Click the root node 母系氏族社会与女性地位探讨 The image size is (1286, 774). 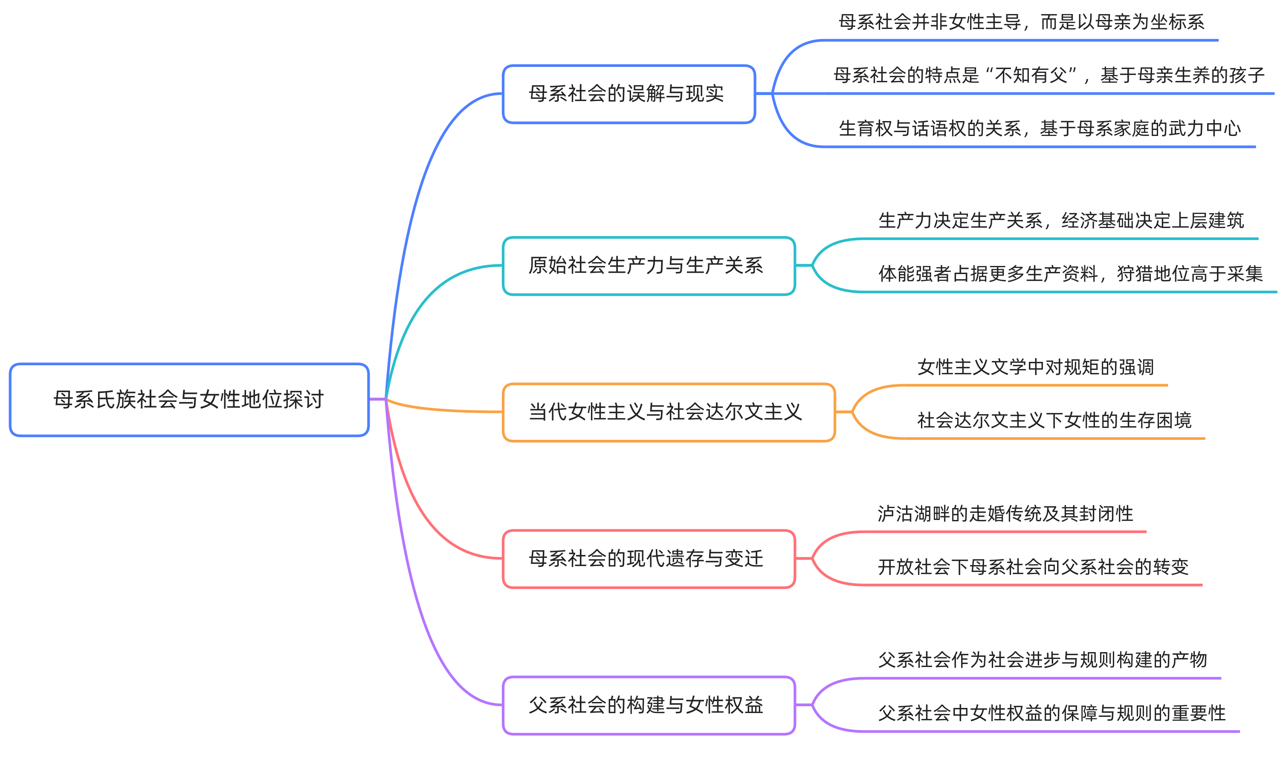coord(189,399)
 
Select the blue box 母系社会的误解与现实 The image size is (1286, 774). coord(628,94)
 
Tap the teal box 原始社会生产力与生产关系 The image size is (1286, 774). coord(648,266)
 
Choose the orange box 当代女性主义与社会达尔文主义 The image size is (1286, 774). coord(668,412)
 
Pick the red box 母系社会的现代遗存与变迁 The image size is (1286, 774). coord(648,559)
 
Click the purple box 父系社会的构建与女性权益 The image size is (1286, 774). coord(648,705)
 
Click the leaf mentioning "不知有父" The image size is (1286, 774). coord(1048,75)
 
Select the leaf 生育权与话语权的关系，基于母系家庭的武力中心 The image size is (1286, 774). coord(1039,129)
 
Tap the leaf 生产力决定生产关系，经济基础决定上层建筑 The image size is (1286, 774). coord(1060,221)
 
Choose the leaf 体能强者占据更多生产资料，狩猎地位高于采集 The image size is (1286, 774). coord(1070,274)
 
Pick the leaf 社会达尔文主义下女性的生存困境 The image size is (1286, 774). coord(1054,420)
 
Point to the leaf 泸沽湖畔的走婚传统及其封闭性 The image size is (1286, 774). coord(1005,514)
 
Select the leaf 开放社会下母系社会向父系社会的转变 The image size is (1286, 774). coord(1033,567)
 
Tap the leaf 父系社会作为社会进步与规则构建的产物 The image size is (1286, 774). coord(1043,660)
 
